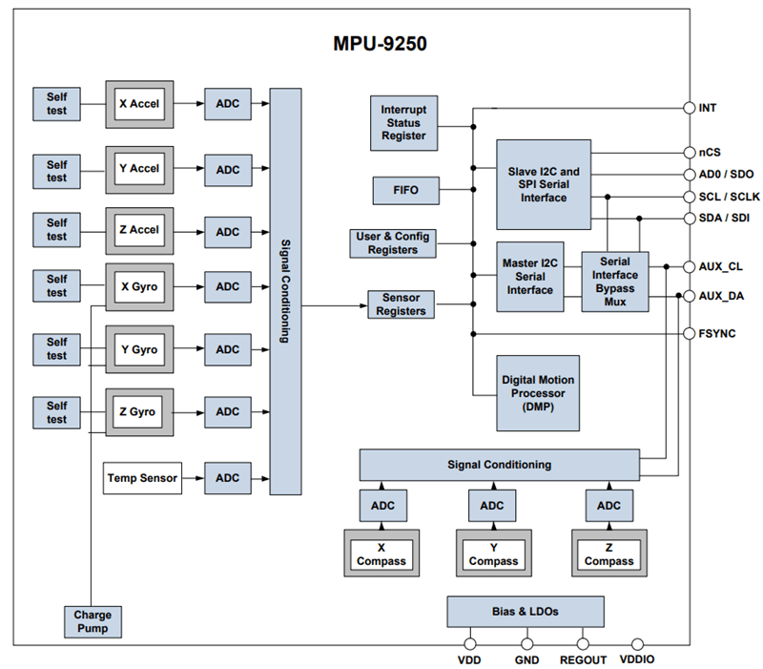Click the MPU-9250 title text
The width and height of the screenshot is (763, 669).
380,44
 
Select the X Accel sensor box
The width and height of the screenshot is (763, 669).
139,104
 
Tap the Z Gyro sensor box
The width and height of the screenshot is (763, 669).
139,412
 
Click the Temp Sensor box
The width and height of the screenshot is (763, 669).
142,477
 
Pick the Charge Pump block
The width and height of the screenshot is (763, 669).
93,621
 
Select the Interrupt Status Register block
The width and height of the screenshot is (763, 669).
403,122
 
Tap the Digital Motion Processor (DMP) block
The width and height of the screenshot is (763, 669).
538,392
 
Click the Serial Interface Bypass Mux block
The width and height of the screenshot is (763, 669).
614,282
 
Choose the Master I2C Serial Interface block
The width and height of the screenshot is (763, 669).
530,277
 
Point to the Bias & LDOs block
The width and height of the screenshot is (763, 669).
525,611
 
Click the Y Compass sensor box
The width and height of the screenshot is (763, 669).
493,554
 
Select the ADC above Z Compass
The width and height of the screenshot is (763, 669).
608,505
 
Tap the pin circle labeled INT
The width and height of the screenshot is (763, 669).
689,108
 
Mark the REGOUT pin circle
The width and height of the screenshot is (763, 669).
583,644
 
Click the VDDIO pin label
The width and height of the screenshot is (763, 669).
637,659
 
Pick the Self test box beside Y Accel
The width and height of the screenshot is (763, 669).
57,171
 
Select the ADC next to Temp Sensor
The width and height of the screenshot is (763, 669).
228,477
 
